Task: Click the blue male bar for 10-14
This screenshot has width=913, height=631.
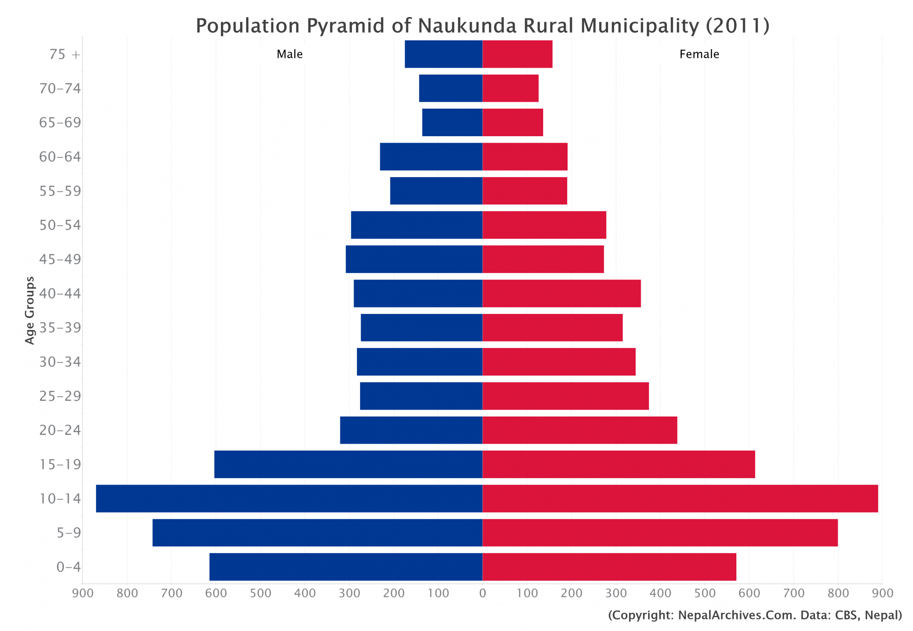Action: pyautogui.click(x=289, y=498)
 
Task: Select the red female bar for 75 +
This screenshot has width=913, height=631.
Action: pyautogui.click(x=517, y=54)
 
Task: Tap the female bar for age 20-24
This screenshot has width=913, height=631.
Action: pyautogui.click(x=580, y=430)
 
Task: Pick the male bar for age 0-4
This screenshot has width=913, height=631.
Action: pyautogui.click(x=346, y=567)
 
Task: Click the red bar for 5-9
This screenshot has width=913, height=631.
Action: pyautogui.click(x=660, y=533)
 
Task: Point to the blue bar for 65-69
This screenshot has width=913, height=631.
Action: pyautogui.click(x=452, y=122)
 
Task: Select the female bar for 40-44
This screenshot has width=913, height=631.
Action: pyautogui.click(x=562, y=294)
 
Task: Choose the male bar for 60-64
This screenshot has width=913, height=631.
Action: pyautogui.click(x=431, y=157)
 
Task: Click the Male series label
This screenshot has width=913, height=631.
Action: pyautogui.click(x=289, y=54)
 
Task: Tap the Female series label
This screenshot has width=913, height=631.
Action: pyautogui.click(x=699, y=54)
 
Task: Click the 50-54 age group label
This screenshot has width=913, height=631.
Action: pyautogui.click(x=60, y=225)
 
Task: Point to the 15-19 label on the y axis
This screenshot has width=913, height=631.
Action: pyautogui.click(x=60, y=464)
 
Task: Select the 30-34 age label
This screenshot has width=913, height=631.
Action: pyautogui.click(x=60, y=362)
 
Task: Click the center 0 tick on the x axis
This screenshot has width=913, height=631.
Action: pyautogui.click(x=482, y=594)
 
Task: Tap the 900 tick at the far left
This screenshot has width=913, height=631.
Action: pyautogui.click(x=83, y=594)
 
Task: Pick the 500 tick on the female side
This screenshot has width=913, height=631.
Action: pyautogui.click(x=705, y=594)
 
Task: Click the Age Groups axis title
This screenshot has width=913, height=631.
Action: pyautogui.click(x=30, y=310)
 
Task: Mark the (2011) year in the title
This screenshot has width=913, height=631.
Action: pyautogui.click(x=737, y=26)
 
